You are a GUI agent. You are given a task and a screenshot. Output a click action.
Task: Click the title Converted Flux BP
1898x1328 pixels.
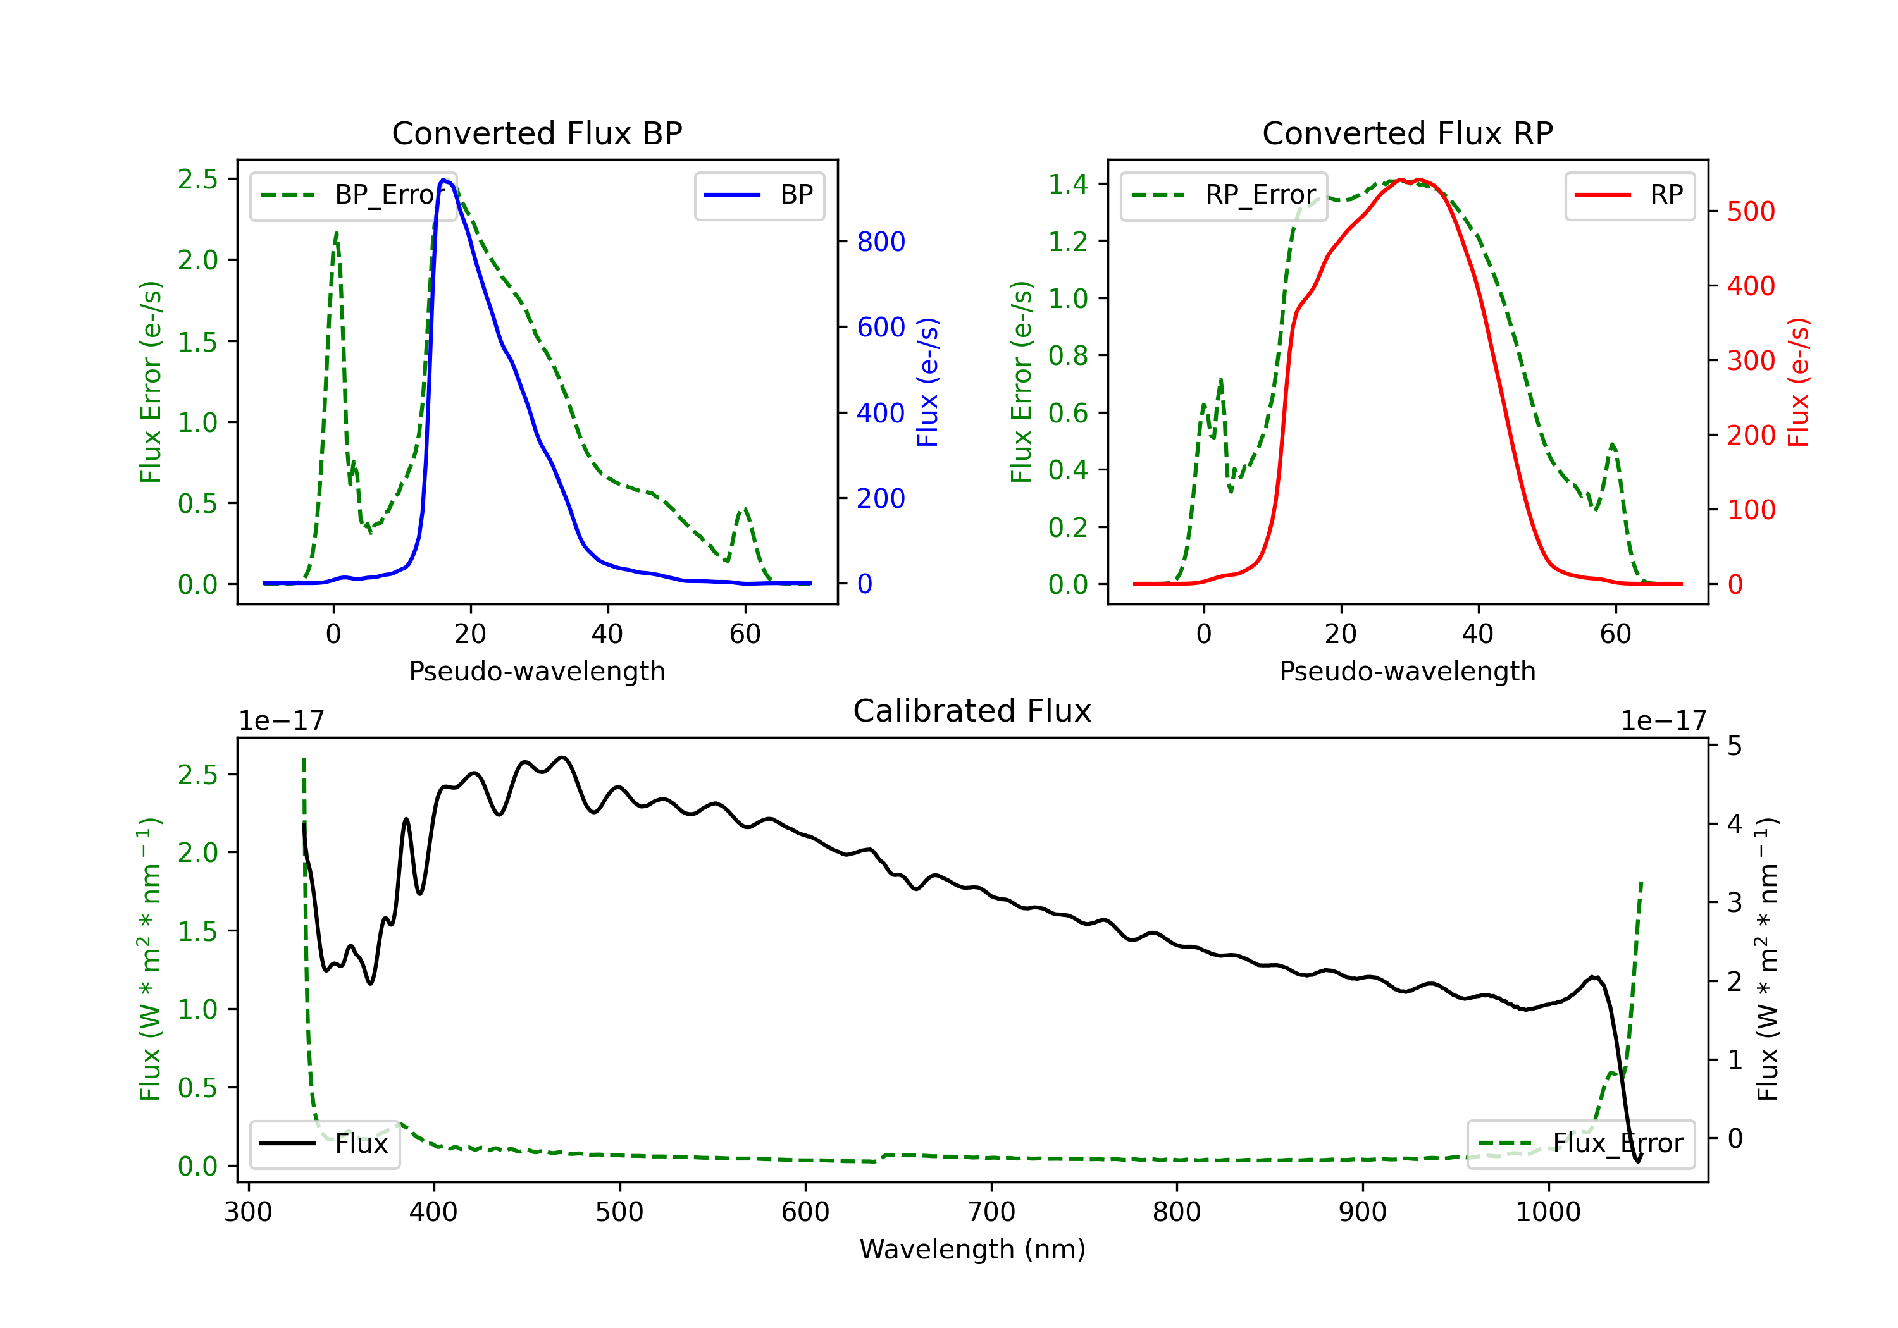(537, 133)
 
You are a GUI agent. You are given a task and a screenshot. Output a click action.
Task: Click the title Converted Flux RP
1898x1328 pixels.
(1407, 133)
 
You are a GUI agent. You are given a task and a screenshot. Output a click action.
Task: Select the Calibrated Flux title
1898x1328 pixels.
(972, 711)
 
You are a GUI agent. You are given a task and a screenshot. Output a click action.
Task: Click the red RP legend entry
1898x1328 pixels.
(1629, 195)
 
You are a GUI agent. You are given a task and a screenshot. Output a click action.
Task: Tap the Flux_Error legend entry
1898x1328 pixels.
(1580, 1144)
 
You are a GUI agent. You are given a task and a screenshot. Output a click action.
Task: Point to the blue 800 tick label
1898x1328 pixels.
(881, 242)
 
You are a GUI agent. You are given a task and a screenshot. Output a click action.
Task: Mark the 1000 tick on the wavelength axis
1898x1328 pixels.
(1548, 1212)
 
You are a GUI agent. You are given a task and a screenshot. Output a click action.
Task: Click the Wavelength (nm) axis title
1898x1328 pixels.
(972, 1250)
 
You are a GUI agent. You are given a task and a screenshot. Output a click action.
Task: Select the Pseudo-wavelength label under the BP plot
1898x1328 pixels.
(537, 671)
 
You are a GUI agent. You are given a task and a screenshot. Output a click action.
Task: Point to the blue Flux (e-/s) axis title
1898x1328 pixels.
(927, 382)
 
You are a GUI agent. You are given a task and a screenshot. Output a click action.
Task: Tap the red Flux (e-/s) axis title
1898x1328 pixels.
(1798, 382)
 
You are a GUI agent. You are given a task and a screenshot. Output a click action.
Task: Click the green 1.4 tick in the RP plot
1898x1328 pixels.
(1068, 184)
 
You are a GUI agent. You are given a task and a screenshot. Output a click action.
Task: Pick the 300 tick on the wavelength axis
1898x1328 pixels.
(248, 1212)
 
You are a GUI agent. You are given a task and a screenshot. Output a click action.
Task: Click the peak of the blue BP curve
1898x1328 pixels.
(444, 180)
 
